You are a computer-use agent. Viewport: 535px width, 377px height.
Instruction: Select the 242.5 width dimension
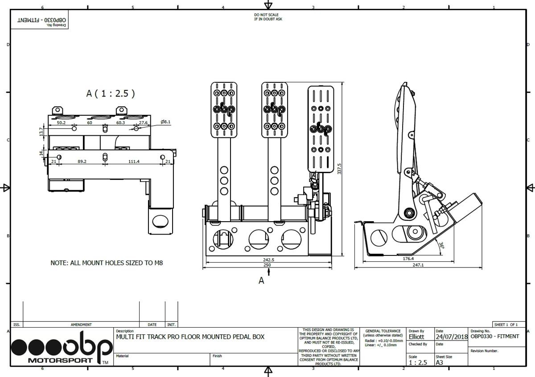(x=268, y=259)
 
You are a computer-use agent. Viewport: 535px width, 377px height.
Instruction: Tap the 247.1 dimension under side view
(x=418, y=265)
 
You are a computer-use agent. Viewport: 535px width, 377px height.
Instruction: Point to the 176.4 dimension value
(x=408, y=258)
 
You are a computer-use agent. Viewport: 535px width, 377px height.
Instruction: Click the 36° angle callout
(x=441, y=245)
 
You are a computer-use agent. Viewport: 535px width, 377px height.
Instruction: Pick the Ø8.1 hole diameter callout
(x=165, y=122)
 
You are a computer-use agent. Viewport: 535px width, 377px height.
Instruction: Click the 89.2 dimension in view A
(x=82, y=161)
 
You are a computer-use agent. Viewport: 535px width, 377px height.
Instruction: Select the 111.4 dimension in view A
(x=134, y=161)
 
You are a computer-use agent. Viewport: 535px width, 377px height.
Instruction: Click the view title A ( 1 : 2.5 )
(x=110, y=93)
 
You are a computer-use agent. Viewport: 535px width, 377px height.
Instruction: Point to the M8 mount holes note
(x=107, y=263)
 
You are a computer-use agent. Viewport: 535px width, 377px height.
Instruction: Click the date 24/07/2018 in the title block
(x=451, y=337)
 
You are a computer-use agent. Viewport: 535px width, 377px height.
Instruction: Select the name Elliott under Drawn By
(x=416, y=337)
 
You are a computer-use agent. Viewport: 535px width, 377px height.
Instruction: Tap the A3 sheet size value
(x=440, y=362)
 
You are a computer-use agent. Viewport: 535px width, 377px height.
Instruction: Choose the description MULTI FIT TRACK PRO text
(x=190, y=337)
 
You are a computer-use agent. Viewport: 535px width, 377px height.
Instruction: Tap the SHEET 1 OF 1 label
(x=506, y=324)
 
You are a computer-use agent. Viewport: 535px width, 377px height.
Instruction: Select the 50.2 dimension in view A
(x=61, y=122)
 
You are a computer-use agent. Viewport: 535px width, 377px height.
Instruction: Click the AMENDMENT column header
(x=81, y=324)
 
